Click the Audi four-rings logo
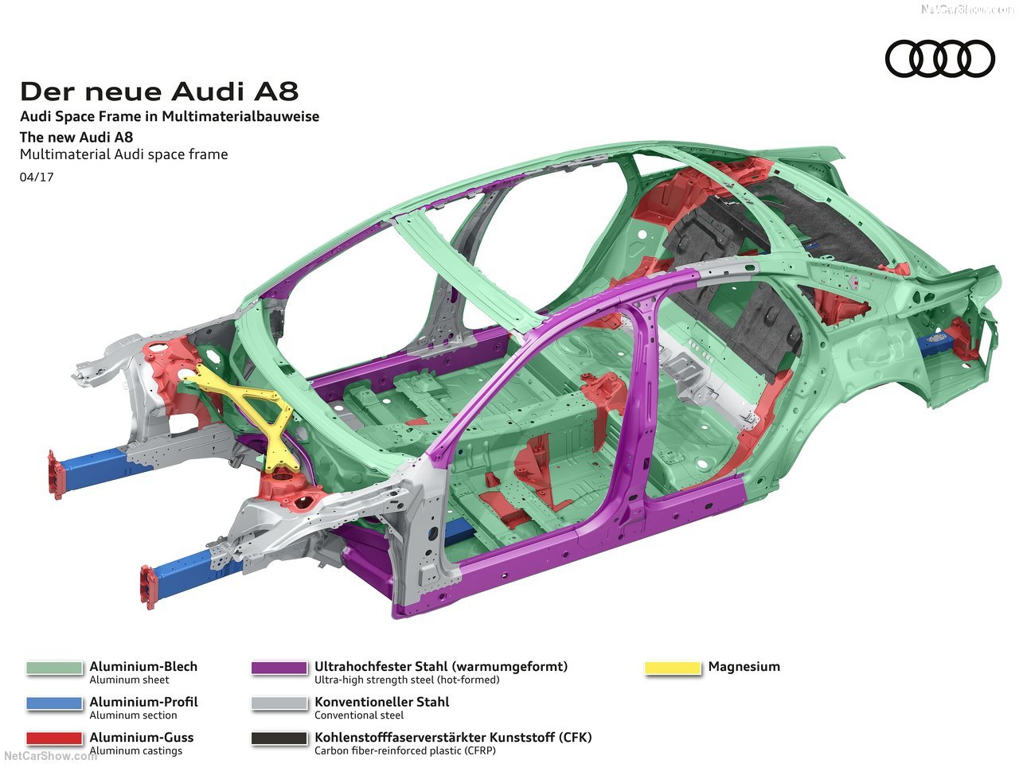point(940,59)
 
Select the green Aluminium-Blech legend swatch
point(54,668)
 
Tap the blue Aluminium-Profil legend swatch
point(54,704)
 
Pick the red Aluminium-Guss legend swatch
point(54,739)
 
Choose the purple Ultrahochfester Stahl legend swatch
point(279,668)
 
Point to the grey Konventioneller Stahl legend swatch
point(279,704)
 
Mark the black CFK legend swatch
point(279,739)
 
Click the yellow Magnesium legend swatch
point(673,668)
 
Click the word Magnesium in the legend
point(744,667)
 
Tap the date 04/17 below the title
point(37,177)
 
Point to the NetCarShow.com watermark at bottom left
point(49,755)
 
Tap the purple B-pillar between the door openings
point(633,414)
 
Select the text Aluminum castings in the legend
point(135,750)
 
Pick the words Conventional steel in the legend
point(359,715)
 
